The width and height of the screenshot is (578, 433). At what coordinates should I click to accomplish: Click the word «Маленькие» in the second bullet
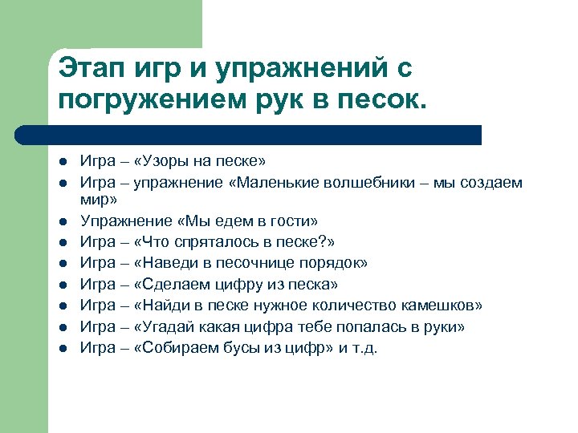pos(269,182)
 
